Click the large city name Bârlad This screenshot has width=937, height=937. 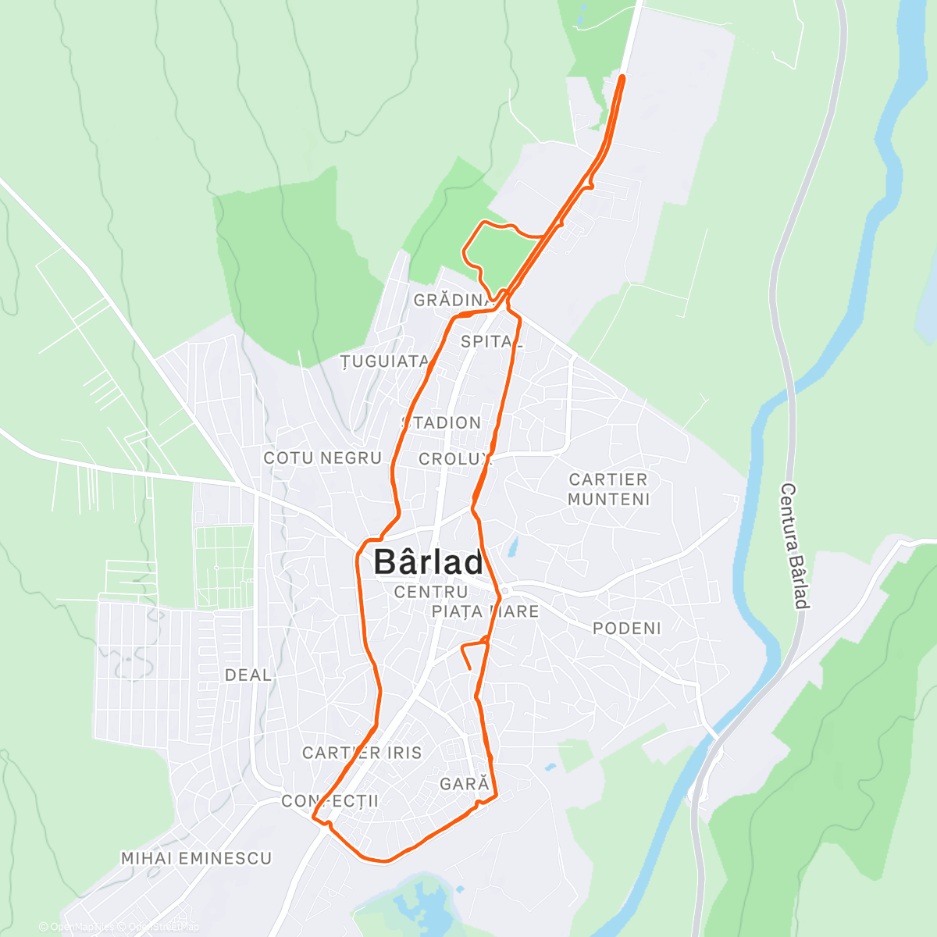pyautogui.click(x=428, y=562)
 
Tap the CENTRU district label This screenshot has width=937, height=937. pyautogui.click(x=430, y=592)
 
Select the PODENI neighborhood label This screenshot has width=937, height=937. pyautogui.click(x=626, y=629)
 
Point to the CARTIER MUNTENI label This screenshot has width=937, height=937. pyautogui.click(x=608, y=490)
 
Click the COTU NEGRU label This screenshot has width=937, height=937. pyautogui.click(x=322, y=458)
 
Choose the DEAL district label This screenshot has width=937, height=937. pyautogui.click(x=248, y=675)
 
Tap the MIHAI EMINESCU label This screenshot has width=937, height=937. pyautogui.click(x=196, y=859)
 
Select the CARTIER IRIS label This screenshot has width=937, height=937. pyautogui.click(x=362, y=754)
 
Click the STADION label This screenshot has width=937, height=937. pyautogui.click(x=443, y=423)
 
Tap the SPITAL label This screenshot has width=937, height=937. pyautogui.click(x=491, y=341)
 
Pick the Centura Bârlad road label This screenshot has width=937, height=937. pyautogui.click(x=793, y=546)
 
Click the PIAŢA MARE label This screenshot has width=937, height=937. pyautogui.click(x=485, y=611)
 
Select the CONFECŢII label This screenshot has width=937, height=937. pyautogui.click(x=330, y=801)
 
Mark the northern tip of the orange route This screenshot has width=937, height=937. pyautogui.click(x=622, y=77)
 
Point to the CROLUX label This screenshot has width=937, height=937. pyautogui.click(x=455, y=459)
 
